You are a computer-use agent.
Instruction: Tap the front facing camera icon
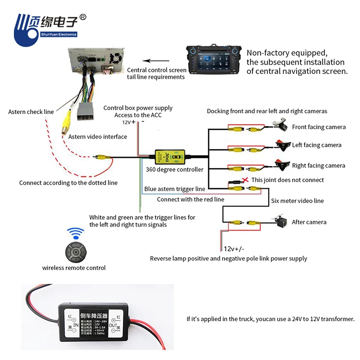point(279,124)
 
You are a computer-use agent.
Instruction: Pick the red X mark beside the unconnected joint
point(246,180)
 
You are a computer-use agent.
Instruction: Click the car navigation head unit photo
point(213,60)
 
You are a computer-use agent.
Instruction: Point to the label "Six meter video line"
point(297,201)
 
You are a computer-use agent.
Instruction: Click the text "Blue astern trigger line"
point(175,189)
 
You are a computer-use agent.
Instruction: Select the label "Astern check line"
point(31,112)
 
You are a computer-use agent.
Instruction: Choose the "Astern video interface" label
point(97,137)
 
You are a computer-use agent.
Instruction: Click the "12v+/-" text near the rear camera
point(234,249)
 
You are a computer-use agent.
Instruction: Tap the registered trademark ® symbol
point(82,17)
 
